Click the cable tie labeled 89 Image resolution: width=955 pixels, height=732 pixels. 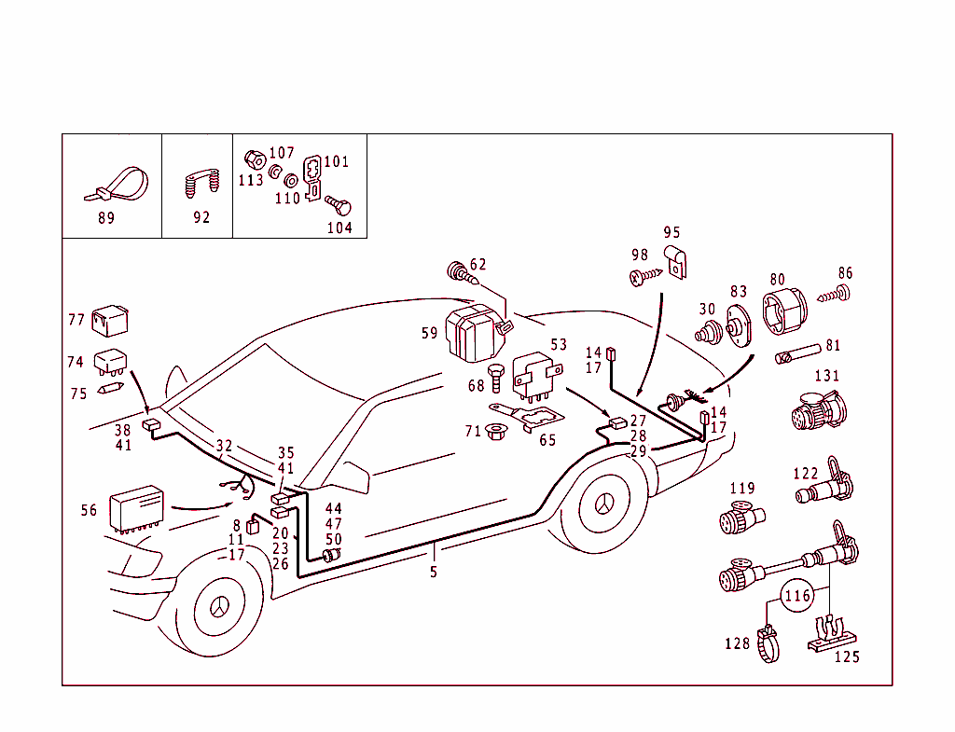pos(119,184)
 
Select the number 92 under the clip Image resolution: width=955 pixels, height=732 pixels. pos(201,217)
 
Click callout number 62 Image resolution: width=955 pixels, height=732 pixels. pos(477,265)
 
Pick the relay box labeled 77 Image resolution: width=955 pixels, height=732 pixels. pos(110,319)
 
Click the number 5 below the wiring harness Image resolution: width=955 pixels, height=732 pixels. pos(434,572)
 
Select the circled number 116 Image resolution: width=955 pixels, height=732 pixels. pos(797,595)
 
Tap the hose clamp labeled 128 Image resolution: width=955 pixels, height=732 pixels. pos(767,642)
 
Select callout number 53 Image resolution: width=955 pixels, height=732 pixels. pos(559,345)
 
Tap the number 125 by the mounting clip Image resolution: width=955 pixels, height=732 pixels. pos(846,657)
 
